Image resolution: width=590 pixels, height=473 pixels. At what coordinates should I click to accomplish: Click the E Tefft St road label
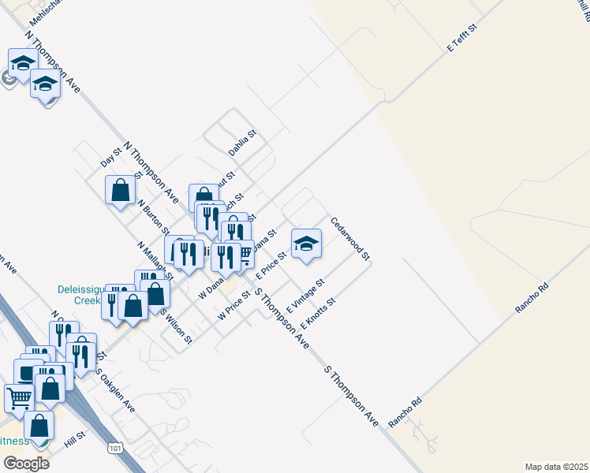(x=463, y=37)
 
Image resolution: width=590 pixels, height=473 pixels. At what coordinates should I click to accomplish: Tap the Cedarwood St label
(x=350, y=240)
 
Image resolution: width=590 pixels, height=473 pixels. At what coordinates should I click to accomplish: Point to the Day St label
(x=111, y=157)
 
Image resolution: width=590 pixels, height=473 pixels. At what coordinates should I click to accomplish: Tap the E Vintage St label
(x=306, y=294)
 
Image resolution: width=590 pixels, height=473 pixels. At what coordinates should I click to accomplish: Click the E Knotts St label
(x=319, y=312)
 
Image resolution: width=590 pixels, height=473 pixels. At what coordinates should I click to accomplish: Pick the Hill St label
(x=75, y=440)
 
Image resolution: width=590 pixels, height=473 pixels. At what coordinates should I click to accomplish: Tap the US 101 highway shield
(x=115, y=448)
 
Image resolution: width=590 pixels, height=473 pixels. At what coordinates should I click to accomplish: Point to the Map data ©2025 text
(x=555, y=466)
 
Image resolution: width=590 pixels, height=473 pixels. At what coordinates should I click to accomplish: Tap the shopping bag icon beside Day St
(x=120, y=190)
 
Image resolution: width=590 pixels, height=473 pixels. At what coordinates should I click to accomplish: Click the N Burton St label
(x=153, y=217)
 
